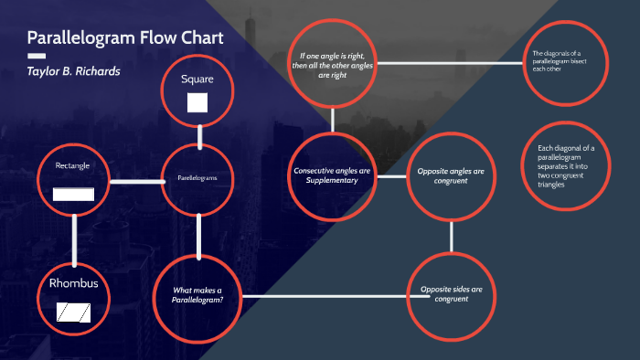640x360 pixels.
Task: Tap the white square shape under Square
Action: pos(197,102)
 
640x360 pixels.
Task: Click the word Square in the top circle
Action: pos(197,79)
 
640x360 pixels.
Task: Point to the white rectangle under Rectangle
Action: pos(73,193)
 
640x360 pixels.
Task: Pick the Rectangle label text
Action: pos(72,165)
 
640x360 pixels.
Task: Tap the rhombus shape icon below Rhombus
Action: pos(74,312)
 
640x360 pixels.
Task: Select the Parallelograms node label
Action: pos(197,178)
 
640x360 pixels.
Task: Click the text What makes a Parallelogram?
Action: pos(197,294)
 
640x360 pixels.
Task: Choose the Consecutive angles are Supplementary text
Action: pos(332,175)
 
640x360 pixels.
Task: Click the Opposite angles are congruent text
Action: pos(451,175)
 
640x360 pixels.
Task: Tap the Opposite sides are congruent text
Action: pos(451,294)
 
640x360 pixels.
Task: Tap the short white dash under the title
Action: pos(37,56)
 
